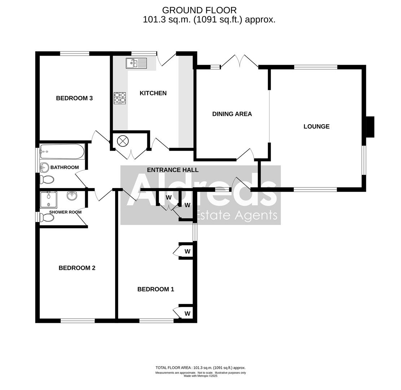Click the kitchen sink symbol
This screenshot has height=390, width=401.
pyautogui.click(x=136, y=63)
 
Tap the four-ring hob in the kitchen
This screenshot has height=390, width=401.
pyautogui.click(x=120, y=98)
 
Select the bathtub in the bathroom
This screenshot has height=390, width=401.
pyautogui.click(x=62, y=152)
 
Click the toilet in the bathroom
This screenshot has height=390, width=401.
pyautogui.click(x=47, y=179)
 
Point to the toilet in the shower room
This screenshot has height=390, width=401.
pyautogui.click(x=47, y=218)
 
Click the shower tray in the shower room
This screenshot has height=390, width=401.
pyautogui.click(x=48, y=200)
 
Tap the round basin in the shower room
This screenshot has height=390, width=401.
pyautogui.click(x=72, y=196)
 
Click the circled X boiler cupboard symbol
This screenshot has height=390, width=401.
pyautogui.click(x=123, y=141)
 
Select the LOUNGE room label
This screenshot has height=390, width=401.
pyautogui.click(x=316, y=126)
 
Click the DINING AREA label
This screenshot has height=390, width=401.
pyautogui.click(x=232, y=114)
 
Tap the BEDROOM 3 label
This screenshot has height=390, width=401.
pyautogui.click(x=74, y=98)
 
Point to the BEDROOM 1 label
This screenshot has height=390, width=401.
pyautogui.click(x=156, y=289)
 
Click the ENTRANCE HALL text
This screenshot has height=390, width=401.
pyautogui.click(x=173, y=170)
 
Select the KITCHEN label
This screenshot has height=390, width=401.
pyautogui.click(x=153, y=93)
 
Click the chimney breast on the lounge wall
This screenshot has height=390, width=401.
pyautogui.click(x=370, y=127)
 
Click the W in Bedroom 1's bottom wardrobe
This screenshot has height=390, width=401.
pyautogui.click(x=187, y=313)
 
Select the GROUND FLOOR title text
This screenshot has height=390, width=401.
pyautogui.click(x=199, y=10)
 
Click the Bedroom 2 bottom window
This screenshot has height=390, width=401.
pyautogui.click(x=78, y=321)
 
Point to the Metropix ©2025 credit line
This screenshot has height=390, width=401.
pyautogui.click(x=200, y=376)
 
